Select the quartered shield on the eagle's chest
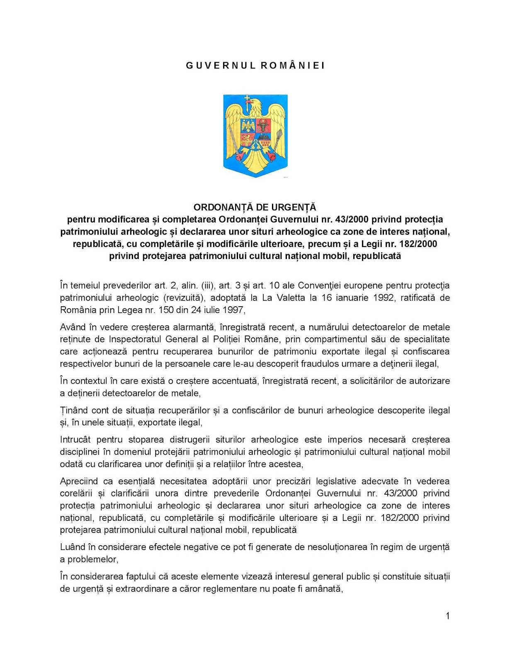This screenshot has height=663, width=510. point(255,133)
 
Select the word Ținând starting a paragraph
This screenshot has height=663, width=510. point(74,411)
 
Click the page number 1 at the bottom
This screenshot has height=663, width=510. point(447,616)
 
